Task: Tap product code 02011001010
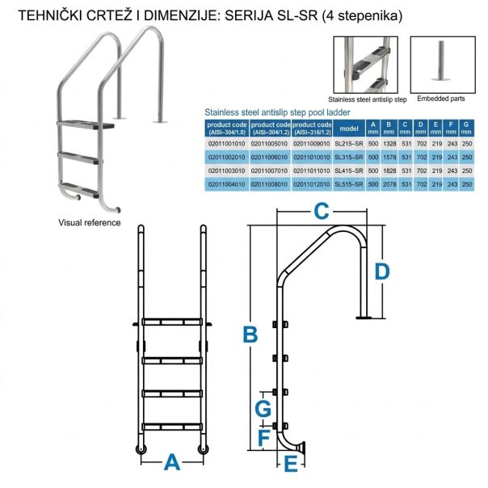click(226, 142)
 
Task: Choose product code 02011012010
click(310, 186)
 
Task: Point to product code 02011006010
click(270, 157)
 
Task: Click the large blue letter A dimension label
click(171, 463)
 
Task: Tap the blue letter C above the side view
click(322, 212)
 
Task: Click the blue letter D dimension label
click(382, 271)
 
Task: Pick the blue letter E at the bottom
click(290, 465)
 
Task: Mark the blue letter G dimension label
click(263, 409)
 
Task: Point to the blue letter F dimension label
click(263, 437)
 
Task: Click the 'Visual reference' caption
click(90, 222)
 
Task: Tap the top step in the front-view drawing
click(171, 322)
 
